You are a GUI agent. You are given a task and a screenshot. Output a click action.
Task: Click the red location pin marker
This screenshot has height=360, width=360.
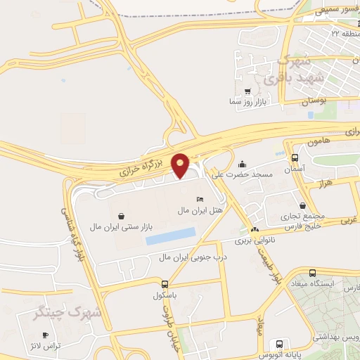click(x=181, y=165)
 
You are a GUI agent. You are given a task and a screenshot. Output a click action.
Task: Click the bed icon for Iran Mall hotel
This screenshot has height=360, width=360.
click(x=201, y=200)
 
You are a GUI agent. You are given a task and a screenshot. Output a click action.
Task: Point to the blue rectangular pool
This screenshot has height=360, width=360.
click(x=170, y=236)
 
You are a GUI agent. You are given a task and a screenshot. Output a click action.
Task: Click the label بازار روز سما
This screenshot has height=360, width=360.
click(x=247, y=102)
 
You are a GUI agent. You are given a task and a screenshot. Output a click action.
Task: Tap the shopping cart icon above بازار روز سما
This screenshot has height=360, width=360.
click(x=247, y=91)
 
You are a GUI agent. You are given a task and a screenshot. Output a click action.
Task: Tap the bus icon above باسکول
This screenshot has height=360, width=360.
click(x=165, y=284)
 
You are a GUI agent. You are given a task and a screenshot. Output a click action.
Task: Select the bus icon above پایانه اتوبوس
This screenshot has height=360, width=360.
click(x=280, y=344)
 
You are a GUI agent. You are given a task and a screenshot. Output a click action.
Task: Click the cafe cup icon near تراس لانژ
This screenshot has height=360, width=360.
click(x=45, y=335)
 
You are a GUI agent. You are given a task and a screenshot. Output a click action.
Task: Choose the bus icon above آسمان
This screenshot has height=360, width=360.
click(x=294, y=158)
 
